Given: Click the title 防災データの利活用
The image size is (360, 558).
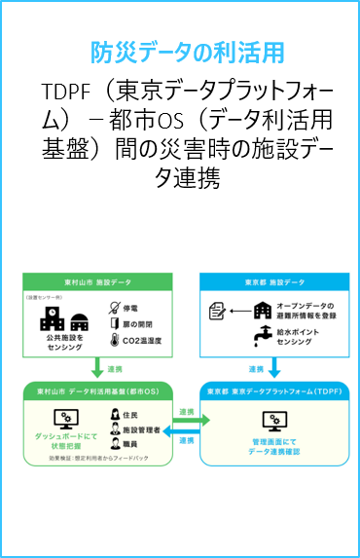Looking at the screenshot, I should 180,52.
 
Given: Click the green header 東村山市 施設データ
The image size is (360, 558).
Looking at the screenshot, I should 96,281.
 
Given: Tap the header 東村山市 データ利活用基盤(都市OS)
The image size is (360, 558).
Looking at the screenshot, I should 96,391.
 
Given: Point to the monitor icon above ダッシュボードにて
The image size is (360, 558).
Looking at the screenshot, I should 65,418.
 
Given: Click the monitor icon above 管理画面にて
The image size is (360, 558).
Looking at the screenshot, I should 272,421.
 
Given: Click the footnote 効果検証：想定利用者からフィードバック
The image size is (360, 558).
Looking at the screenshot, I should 94,458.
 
